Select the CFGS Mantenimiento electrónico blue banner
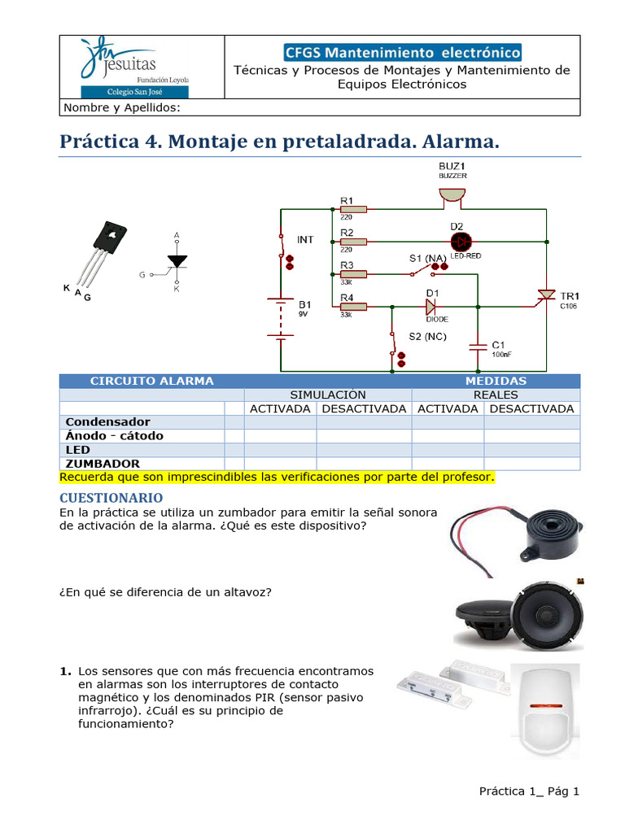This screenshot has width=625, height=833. (402, 53)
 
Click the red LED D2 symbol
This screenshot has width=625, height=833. (461, 242)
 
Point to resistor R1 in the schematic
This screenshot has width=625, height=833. (354, 209)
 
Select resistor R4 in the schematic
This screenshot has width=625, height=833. (354, 307)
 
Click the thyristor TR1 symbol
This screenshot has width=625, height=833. (544, 296)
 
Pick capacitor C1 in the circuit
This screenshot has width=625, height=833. (479, 346)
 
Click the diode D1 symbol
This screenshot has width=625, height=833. (432, 307)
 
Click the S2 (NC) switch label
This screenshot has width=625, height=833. (426, 336)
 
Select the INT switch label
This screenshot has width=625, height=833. (305, 239)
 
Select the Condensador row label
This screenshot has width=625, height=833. (107, 422)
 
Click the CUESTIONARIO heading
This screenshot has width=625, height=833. (111, 497)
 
